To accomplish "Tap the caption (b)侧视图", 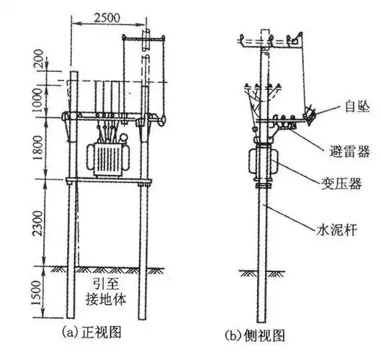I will point(256,336).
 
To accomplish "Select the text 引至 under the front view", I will point(105,282).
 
